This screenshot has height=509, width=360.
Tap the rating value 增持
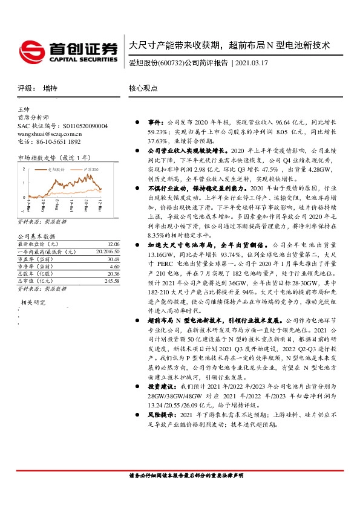coord(50,88)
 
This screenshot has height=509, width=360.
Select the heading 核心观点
coord(143,88)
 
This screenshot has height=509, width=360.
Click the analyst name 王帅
coord(24,109)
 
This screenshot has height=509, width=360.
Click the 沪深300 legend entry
coord(91,170)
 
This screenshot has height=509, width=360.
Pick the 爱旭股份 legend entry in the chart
coord(57,170)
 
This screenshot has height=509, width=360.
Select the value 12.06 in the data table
coord(114,243)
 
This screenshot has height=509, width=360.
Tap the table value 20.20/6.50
coord(108,250)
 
